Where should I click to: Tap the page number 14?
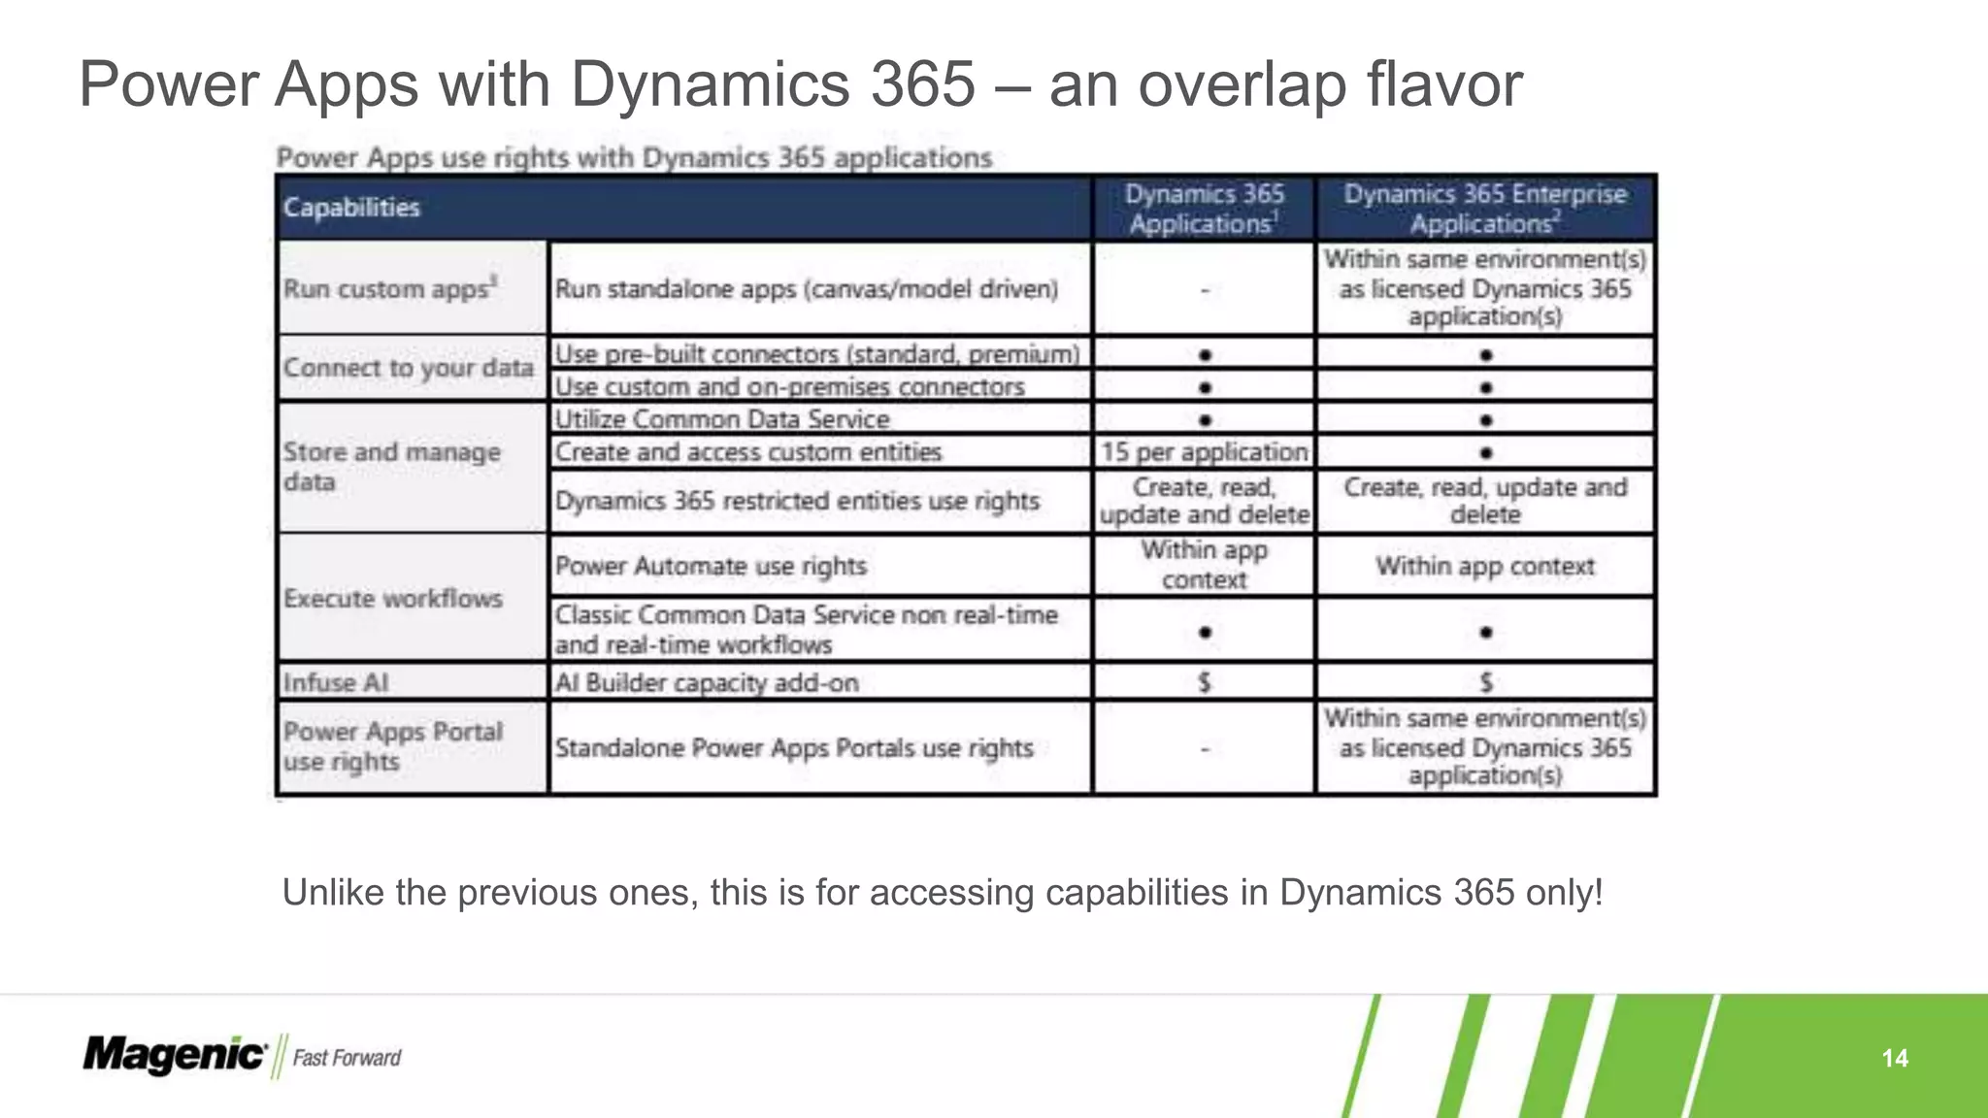tap(1894, 1058)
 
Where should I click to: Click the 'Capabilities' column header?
tap(351, 208)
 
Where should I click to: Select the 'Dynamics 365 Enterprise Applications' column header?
tap(1484, 209)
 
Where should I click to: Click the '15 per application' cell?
tap(1204, 452)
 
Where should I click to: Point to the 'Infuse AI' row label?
tap(336, 683)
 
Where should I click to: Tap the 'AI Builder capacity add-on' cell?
tap(707, 683)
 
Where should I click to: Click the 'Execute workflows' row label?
tap(393, 599)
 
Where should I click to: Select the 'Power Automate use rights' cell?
tap(711, 566)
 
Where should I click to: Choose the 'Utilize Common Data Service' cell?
tap(722, 419)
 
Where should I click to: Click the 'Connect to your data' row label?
tap(409, 369)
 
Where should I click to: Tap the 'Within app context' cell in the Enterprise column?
tap(1484, 566)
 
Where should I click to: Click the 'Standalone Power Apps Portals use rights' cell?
tap(794, 748)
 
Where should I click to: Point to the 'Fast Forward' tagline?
tap(347, 1058)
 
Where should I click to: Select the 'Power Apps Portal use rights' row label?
tap(393, 746)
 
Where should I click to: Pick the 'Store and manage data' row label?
tap(392, 467)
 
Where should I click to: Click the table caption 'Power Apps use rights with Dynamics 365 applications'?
tap(634, 157)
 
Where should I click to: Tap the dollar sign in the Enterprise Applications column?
tap(1485, 683)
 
